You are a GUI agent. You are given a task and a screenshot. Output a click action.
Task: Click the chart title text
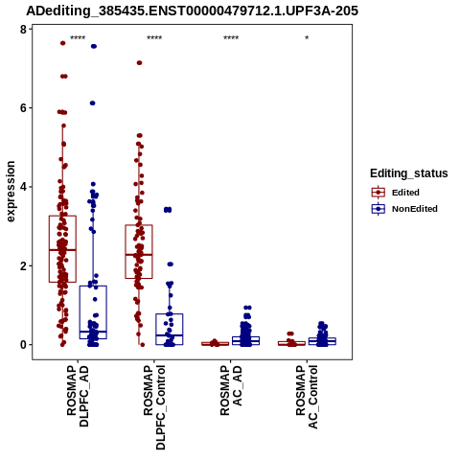point(192,11)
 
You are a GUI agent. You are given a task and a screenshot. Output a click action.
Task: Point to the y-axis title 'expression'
point(11,192)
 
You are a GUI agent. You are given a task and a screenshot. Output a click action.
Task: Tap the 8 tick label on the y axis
point(23,30)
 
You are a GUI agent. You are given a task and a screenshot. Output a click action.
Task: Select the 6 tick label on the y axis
point(23,108)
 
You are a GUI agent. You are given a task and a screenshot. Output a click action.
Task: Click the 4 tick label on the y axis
point(23,187)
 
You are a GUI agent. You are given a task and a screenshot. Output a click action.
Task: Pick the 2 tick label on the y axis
point(23,265)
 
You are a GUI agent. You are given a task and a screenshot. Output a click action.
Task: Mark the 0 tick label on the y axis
point(23,345)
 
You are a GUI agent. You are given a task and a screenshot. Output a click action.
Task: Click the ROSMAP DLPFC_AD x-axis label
point(78,396)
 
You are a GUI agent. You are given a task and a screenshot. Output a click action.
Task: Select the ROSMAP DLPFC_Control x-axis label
point(154,407)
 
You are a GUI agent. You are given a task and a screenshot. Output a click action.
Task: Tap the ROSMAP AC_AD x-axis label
point(231,390)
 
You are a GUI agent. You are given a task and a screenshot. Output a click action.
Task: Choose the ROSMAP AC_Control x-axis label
point(307,397)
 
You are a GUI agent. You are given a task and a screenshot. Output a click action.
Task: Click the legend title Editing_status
point(409,173)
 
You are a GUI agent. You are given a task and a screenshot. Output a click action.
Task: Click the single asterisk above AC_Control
point(307,38)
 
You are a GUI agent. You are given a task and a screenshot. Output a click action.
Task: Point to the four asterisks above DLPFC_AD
point(78,38)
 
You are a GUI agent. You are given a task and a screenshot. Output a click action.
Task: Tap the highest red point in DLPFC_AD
point(63,43)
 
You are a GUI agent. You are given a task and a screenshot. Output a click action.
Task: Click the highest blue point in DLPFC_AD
point(94,46)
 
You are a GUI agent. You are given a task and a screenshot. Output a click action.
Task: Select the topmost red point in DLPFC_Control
point(139,63)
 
